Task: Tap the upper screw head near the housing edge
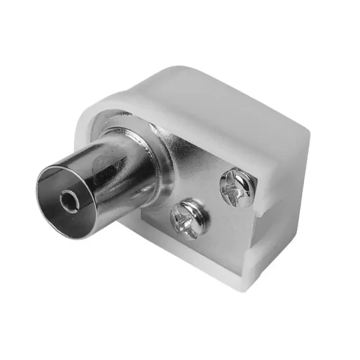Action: tap(237, 188)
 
